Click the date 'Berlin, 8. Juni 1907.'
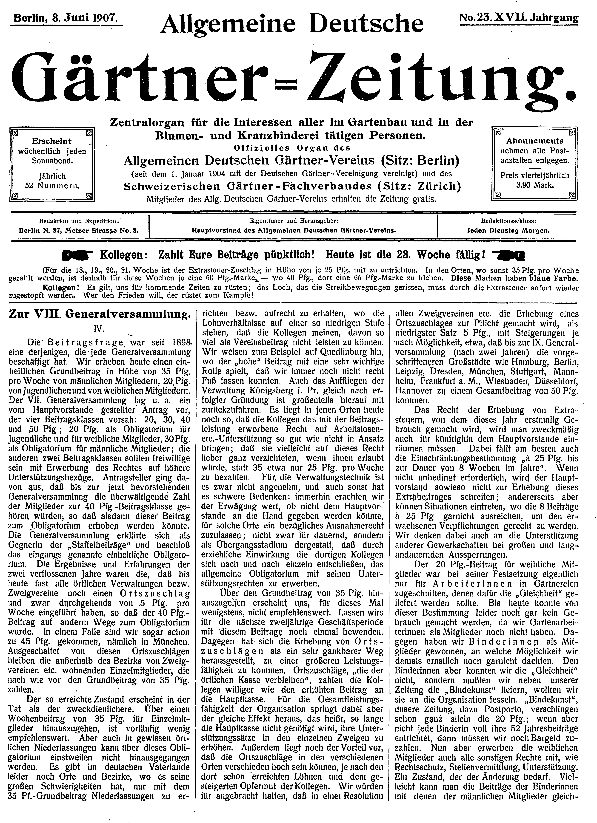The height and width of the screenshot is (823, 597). point(65,17)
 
